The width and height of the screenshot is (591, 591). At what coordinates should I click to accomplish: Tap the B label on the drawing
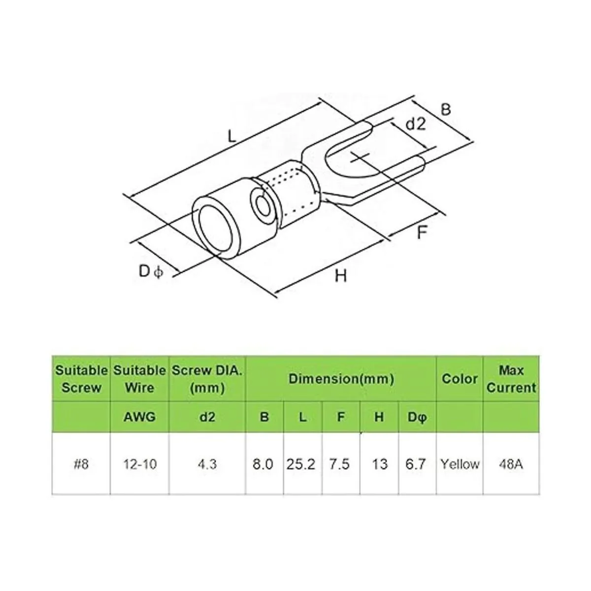[446, 109]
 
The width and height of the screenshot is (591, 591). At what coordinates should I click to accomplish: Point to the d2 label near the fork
[416, 124]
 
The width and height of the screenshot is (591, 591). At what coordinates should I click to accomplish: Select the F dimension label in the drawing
[422, 232]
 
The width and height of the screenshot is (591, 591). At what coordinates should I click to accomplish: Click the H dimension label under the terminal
[341, 275]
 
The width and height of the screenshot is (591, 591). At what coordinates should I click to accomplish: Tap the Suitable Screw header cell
[81, 379]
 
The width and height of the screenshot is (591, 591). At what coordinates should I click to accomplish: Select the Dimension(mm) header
[341, 379]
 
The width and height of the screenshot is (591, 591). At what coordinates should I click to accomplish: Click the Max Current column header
[511, 379]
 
